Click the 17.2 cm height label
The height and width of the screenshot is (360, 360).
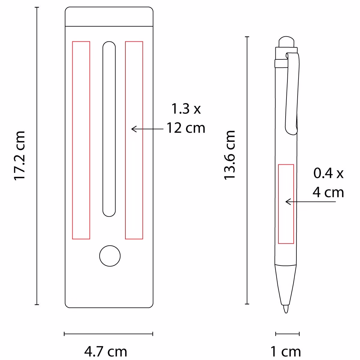19,156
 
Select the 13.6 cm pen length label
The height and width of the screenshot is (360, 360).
229,155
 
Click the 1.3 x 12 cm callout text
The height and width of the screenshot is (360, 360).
186,118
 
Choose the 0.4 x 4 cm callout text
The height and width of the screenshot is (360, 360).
328,183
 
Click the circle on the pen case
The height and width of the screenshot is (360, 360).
110,256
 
